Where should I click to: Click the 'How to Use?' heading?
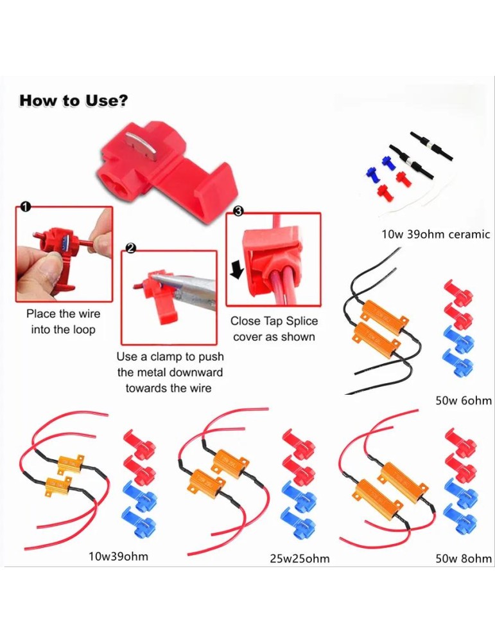point(74,101)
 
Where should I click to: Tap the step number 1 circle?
point(26,207)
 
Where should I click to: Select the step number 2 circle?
point(130,248)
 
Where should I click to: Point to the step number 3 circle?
point(238,211)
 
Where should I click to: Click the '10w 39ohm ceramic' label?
point(436,235)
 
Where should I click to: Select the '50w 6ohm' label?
point(464,401)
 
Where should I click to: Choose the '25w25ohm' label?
point(300,559)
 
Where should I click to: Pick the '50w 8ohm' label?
point(464,559)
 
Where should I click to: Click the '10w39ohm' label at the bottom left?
point(118,557)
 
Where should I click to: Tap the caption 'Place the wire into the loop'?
point(64,322)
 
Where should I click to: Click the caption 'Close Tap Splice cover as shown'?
point(274,329)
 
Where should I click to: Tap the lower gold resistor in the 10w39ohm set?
point(64,487)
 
